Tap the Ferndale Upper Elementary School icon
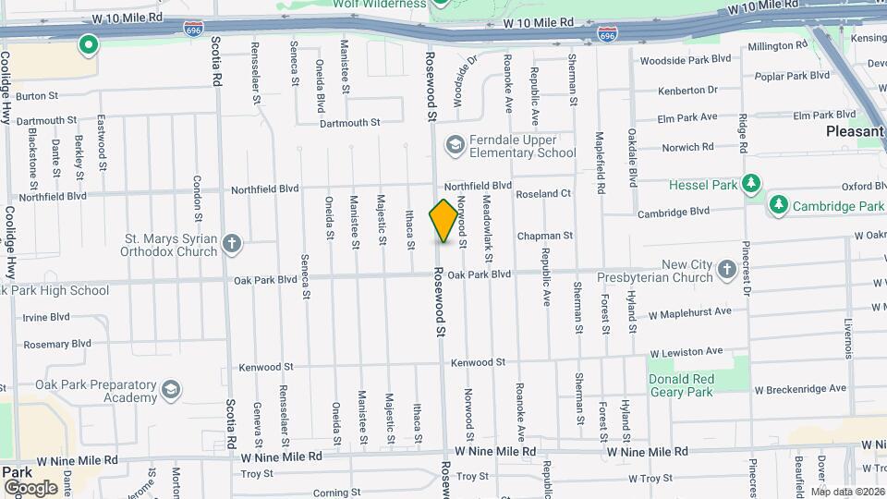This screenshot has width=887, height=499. [x=455, y=145]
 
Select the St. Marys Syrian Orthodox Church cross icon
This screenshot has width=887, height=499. [x=232, y=244]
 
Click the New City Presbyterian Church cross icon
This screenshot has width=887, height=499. [x=727, y=270]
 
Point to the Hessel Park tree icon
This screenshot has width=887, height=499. [x=753, y=184]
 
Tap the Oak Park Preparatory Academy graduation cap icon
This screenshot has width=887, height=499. [x=171, y=390]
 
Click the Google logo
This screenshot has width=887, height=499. [x=30, y=487]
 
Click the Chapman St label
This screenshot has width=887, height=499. [x=545, y=237]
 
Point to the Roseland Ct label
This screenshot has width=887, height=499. [x=543, y=194]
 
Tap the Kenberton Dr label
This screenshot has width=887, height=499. [x=687, y=91]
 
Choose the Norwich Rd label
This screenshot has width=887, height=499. [x=687, y=147]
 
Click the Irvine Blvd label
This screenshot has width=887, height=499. [x=46, y=317]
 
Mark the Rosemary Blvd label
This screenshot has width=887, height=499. [x=57, y=344]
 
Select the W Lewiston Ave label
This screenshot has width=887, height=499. [x=686, y=352]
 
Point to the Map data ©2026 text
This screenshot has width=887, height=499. [x=847, y=492]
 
